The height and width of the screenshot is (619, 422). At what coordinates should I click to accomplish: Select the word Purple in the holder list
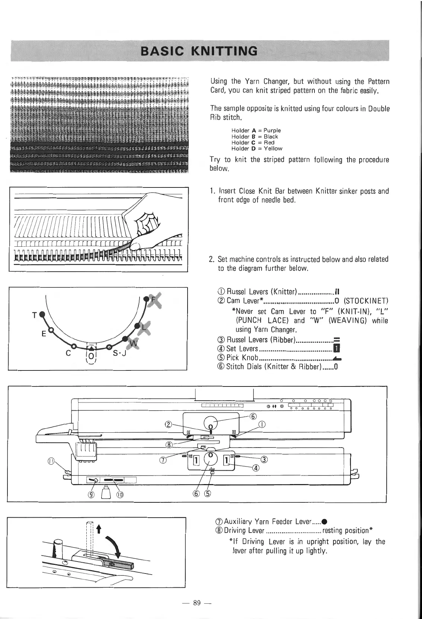tap(272, 130)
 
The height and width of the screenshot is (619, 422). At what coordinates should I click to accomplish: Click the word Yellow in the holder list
tap(273, 148)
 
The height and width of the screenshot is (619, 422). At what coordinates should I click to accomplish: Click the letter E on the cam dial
tap(44, 334)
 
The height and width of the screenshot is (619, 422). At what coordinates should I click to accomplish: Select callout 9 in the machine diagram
tap(90, 495)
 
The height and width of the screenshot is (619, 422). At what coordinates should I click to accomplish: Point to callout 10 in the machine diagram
tap(120, 495)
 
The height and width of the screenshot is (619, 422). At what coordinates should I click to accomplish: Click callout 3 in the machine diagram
tap(263, 459)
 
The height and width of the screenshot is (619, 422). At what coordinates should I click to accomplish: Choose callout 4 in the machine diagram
tap(255, 469)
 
